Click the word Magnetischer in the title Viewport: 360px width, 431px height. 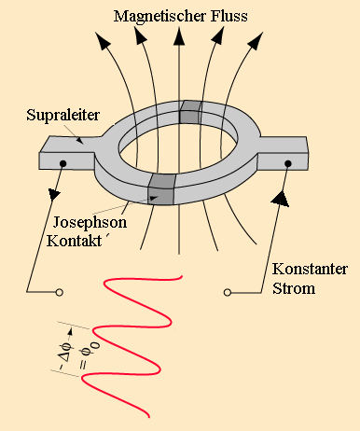pos(160,17)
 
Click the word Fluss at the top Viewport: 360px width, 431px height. pos(229,16)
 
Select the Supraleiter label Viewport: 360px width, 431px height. pos(62,115)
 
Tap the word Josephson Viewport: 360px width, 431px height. pos(90,223)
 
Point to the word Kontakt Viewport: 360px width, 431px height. pos(75,241)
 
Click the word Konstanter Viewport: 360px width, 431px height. pos(310,269)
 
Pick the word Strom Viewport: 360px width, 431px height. pos(294,288)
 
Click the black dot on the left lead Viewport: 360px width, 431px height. pos(63,163)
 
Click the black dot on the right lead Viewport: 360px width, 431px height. pos(288,163)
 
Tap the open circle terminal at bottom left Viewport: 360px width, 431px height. pos(59,292)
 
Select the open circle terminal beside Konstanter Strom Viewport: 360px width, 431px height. pos(228,292)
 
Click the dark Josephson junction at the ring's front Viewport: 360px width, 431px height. pos(161,189)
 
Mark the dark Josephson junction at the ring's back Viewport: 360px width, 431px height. pos(190,112)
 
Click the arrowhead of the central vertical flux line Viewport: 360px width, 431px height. pos(179,36)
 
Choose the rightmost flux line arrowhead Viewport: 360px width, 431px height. pos(256,40)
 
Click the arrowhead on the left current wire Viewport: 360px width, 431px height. pos(54,194)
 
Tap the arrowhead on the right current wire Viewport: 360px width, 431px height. pos(281,199)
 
